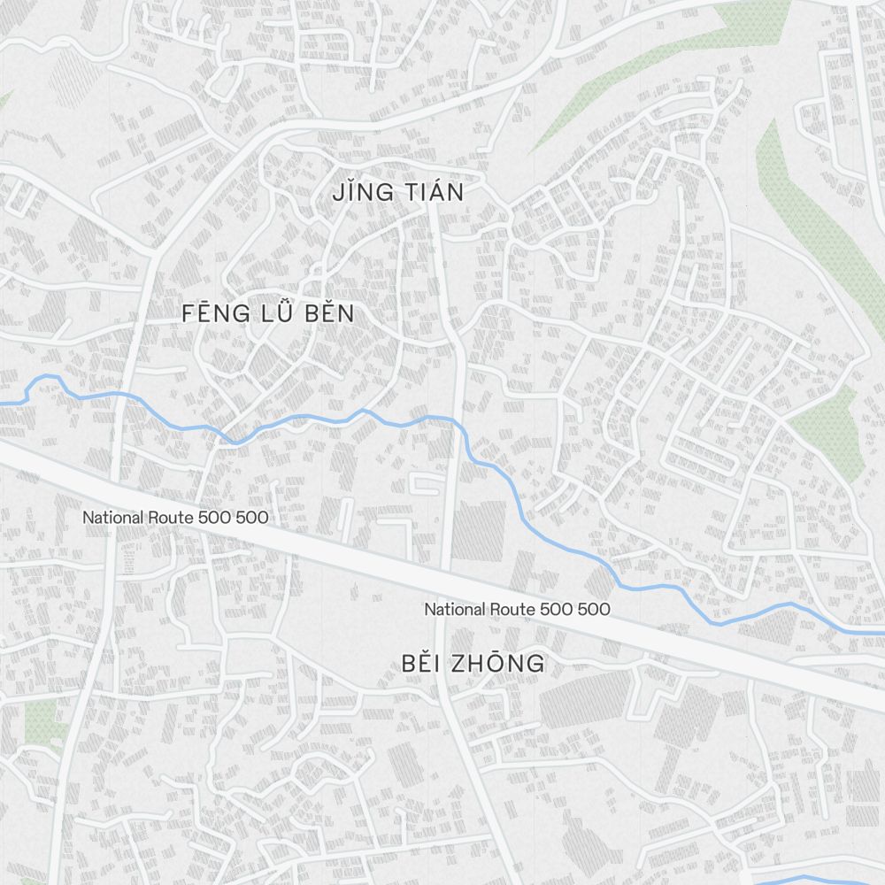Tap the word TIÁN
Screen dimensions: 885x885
(x=429, y=192)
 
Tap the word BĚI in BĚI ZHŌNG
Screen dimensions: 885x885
(x=421, y=663)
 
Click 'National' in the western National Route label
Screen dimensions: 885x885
(x=112, y=517)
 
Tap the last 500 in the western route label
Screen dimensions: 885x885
(x=252, y=517)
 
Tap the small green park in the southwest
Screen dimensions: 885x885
(x=41, y=721)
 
